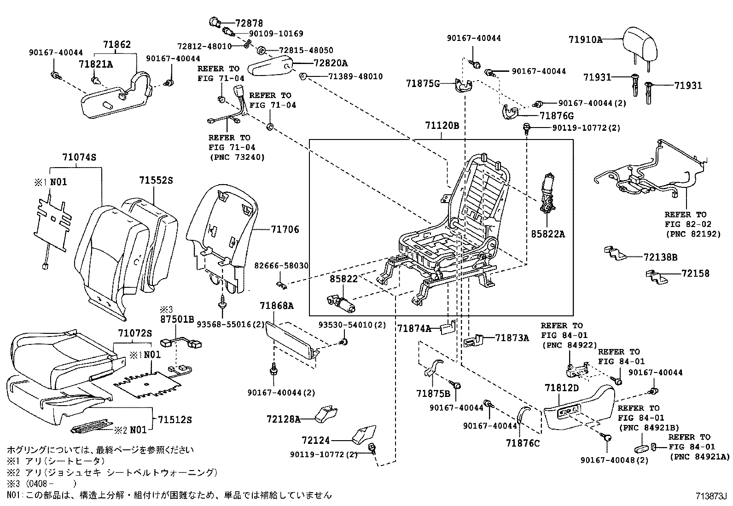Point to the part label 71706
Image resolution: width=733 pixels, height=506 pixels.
tap(285, 229)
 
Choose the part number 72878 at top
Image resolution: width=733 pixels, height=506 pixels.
tap(249, 23)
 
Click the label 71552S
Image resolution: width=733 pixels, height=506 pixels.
tap(156, 181)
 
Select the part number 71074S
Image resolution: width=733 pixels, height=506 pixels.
tap(79, 157)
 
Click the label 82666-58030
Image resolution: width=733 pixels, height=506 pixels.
tap(281, 266)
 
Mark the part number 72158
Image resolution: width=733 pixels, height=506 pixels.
tap(695, 273)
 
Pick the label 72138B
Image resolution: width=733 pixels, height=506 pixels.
tap(660, 257)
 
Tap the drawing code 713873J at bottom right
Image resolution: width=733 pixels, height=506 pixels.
tap(710, 497)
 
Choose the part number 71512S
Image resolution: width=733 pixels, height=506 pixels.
tap(175, 419)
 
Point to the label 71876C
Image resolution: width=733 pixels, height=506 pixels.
tap(522, 443)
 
